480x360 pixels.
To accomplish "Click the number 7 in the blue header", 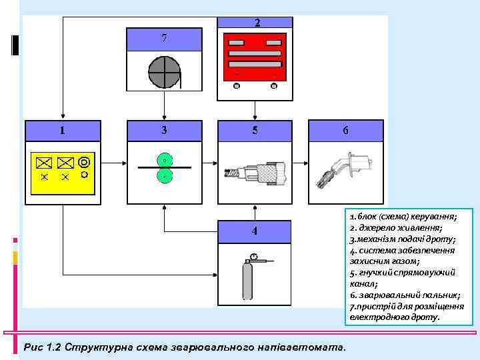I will (164, 38).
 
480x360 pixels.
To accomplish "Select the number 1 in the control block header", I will (62, 131).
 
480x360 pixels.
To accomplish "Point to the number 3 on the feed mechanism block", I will (164, 131).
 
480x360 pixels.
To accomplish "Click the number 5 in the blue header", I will (255, 131).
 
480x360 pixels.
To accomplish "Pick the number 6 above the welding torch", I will (345, 131).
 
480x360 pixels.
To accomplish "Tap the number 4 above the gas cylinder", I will (255, 231).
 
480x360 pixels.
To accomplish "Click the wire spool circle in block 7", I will (164, 72).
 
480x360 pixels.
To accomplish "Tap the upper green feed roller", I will (164, 160).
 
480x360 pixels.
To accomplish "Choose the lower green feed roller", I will (164, 176).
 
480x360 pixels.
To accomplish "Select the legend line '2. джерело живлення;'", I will (393, 228).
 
